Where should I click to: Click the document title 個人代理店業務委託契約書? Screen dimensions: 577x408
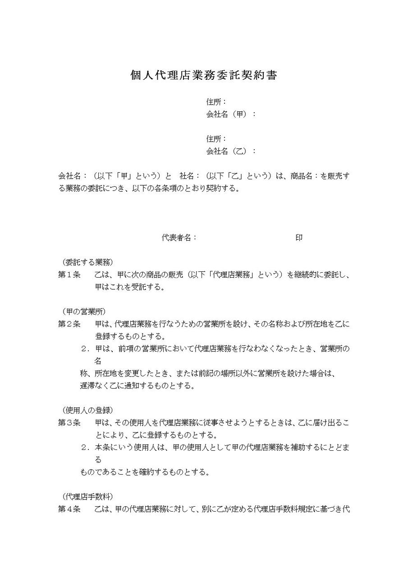click(x=203, y=75)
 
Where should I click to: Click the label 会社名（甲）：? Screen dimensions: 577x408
click(x=231, y=114)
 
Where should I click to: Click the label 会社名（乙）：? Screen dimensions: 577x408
click(x=231, y=151)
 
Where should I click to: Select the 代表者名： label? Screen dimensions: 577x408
click(x=179, y=238)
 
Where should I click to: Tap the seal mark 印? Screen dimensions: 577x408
click(x=299, y=238)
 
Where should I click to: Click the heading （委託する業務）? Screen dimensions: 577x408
click(x=87, y=262)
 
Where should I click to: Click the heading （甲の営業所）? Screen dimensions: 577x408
click(x=84, y=311)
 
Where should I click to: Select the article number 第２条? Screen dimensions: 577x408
click(x=69, y=324)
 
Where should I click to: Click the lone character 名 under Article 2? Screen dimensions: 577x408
click(x=97, y=361)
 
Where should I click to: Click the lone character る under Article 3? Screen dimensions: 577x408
click(x=97, y=460)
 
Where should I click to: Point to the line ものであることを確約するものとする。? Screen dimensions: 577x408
click(x=144, y=472)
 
